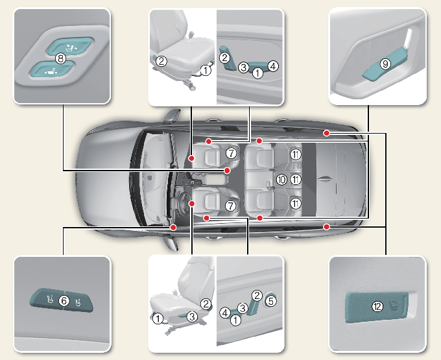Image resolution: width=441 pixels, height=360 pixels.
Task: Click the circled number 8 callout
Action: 60,58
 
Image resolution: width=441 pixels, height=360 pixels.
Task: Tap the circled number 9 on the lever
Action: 385,64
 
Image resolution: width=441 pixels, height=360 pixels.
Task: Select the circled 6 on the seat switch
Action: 63,300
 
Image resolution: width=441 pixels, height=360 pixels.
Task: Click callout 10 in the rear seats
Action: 281,180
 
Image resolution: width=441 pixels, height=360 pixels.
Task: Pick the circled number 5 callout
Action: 271,300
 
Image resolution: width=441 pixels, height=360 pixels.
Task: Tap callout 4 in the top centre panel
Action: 272,66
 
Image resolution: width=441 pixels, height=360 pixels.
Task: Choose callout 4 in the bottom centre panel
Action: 224,313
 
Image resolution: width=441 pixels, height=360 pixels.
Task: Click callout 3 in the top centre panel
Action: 243,67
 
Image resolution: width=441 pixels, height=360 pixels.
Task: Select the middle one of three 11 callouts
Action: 296,180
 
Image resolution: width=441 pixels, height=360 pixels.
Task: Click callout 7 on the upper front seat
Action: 230,154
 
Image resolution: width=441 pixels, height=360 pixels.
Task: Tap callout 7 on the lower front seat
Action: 230,205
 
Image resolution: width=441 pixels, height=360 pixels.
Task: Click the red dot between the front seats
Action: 228,170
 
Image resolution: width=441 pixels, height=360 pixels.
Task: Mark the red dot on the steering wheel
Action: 192,203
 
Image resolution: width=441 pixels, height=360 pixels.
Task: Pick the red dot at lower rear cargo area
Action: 326,226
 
